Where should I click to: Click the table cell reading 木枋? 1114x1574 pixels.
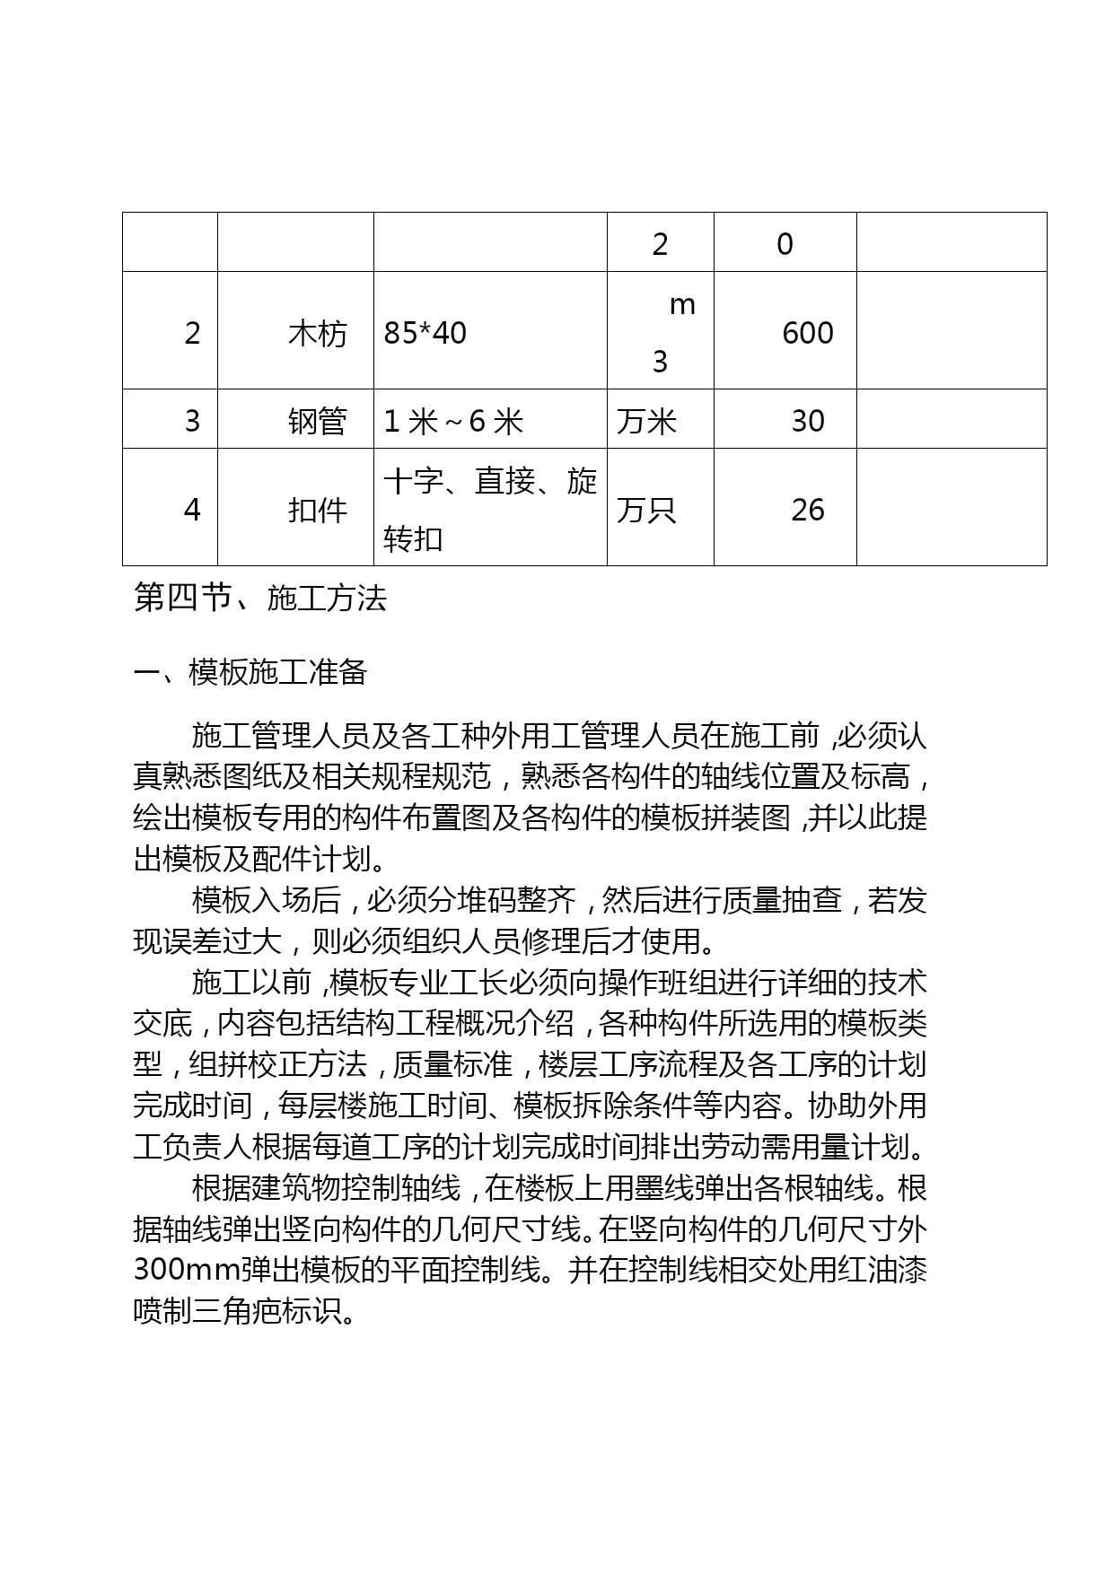click(317, 334)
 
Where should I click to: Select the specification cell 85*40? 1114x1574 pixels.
click(425, 334)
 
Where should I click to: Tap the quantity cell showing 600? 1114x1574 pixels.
click(807, 334)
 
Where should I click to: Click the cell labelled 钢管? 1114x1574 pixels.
click(317, 421)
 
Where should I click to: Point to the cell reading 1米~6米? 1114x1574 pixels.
click(453, 421)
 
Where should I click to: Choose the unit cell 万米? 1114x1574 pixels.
click(646, 421)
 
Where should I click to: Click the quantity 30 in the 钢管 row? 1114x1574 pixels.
click(807, 421)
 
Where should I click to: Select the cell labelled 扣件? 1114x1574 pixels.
click(317, 510)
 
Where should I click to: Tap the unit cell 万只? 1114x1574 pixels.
click(646, 510)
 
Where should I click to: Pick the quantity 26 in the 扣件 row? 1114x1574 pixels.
click(807, 510)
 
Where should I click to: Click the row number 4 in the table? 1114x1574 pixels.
click(192, 510)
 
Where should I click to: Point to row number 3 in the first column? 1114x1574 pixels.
click(192, 421)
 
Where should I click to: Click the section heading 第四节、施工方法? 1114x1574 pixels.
click(259, 598)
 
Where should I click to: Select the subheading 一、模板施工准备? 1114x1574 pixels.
click(250, 672)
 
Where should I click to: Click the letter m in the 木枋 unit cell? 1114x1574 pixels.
click(682, 305)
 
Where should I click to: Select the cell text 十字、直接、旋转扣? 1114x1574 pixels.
click(489, 509)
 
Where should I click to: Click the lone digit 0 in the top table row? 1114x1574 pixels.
click(785, 244)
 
